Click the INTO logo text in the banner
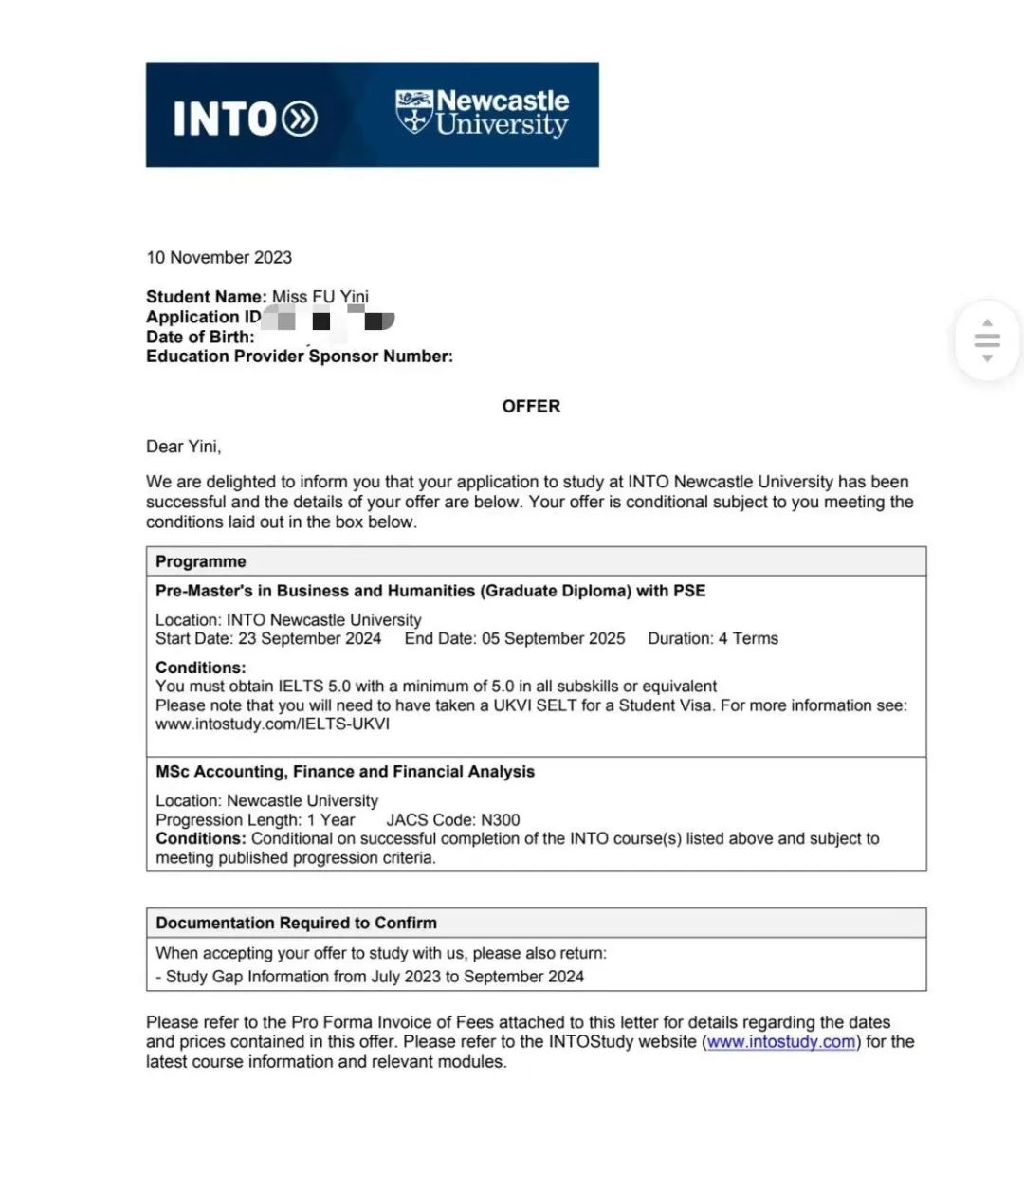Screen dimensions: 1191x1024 tap(244, 119)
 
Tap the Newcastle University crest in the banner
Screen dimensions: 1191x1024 tap(413, 112)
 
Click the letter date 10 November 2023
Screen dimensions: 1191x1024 tap(219, 257)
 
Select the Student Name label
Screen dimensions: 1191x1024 tap(206, 297)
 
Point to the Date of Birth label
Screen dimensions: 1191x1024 tap(200, 337)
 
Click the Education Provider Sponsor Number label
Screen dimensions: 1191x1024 tap(300, 357)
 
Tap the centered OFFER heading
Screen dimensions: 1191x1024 tap(531, 406)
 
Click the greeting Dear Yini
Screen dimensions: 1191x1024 tap(183, 447)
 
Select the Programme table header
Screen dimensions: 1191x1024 tap(201, 561)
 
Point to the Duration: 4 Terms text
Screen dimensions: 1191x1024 tap(713, 638)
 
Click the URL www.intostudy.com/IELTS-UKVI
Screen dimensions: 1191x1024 tap(272, 724)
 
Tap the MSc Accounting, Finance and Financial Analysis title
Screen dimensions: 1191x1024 tap(345, 772)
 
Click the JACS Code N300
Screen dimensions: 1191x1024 tap(453, 820)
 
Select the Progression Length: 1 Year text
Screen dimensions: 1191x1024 tap(255, 820)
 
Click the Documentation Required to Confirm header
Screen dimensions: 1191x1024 tap(297, 923)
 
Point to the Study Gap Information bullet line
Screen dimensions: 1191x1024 tap(370, 977)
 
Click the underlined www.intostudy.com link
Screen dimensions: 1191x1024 tap(781, 1042)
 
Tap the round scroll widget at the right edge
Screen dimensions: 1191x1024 tap(987, 339)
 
